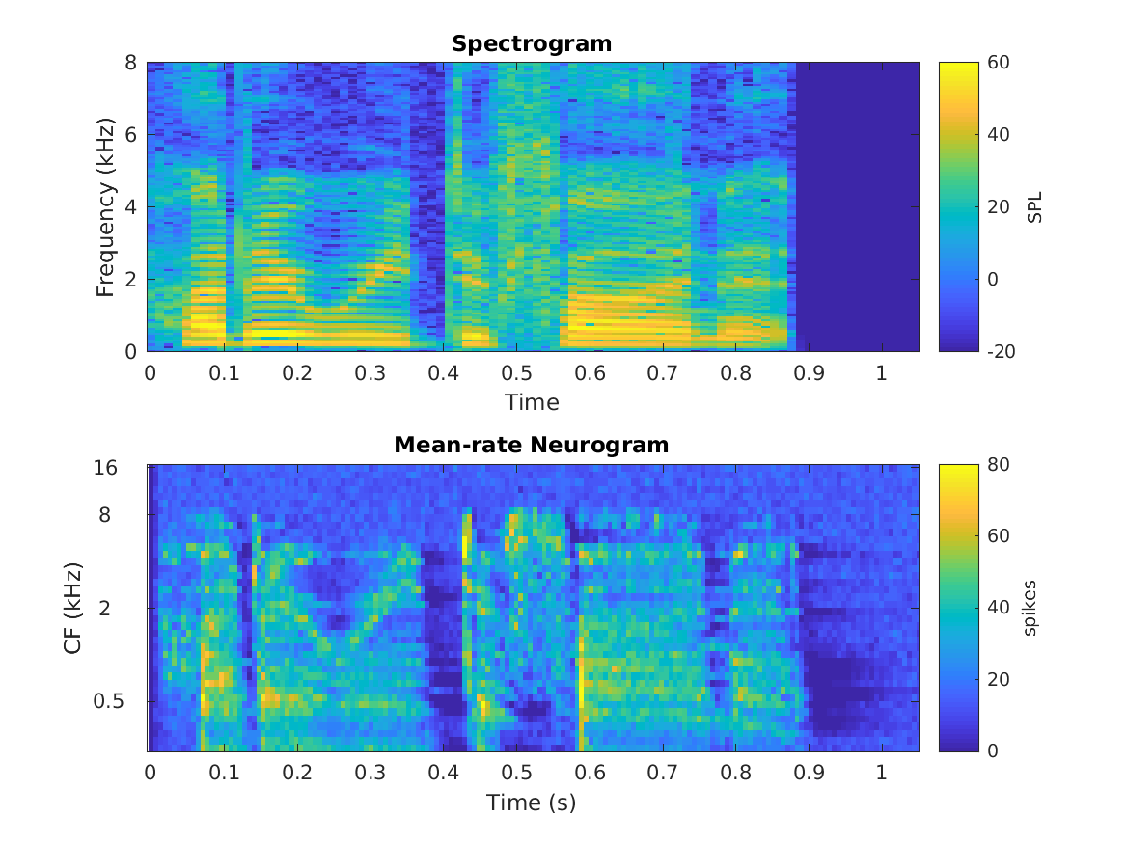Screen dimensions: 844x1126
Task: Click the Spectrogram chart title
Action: click(x=532, y=43)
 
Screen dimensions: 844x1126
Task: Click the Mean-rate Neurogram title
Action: click(x=532, y=445)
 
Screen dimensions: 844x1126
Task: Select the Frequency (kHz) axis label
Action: click(x=105, y=207)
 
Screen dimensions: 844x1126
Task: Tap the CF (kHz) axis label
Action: click(x=72, y=608)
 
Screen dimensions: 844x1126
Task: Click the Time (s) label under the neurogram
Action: click(x=532, y=802)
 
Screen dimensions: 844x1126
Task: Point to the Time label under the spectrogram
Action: click(x=532, y=401)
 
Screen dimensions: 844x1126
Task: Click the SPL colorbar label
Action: click(x=1035, y=207)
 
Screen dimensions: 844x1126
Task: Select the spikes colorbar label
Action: click(x=1030, y=608)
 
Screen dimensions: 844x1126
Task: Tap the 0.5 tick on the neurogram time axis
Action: click(x=516, y=774)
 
